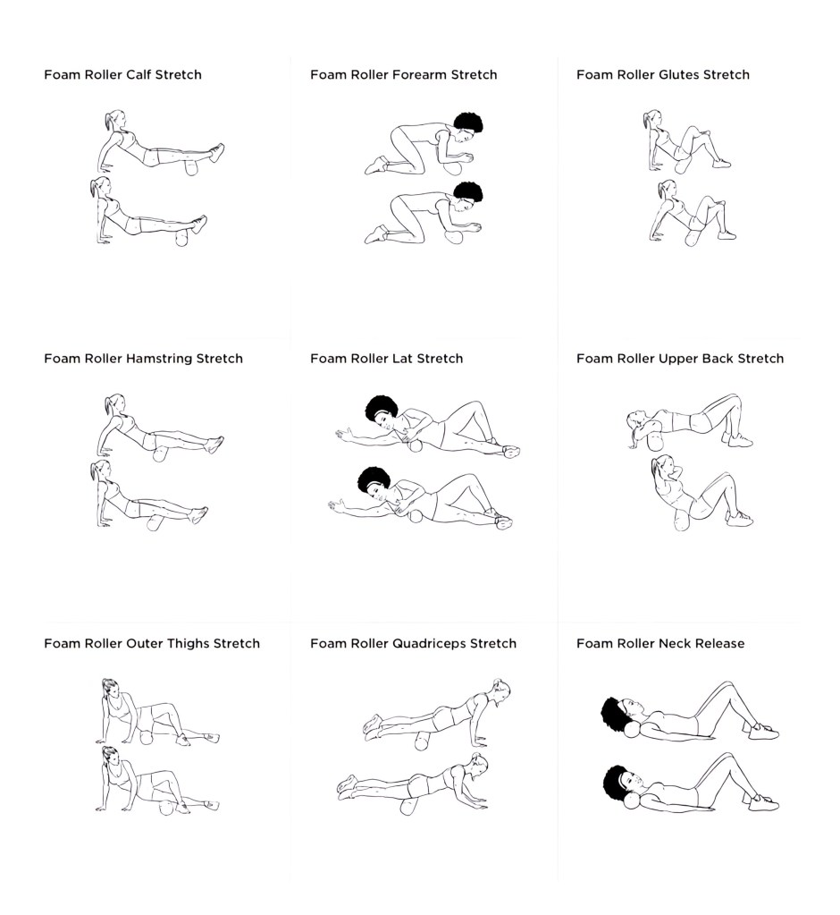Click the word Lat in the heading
(403, 359)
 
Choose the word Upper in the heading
(678, 360)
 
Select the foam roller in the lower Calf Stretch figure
(182, 239)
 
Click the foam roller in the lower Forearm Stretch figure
(453, 237)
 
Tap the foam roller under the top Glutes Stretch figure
(682, 166)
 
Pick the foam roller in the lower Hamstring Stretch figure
(155, 523)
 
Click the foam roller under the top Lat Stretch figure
(415, 446)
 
